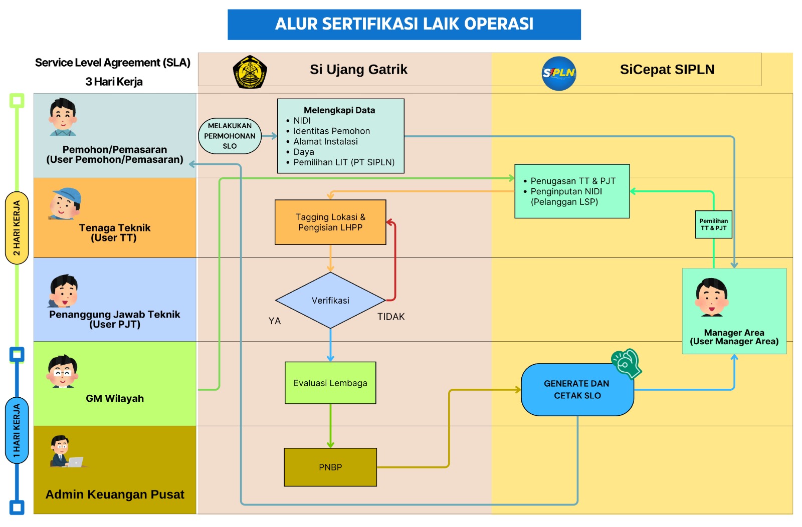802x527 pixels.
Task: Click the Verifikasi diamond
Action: [x=330, y=301]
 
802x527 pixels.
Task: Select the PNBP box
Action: [x=330, y=467]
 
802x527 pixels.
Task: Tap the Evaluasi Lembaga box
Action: [x=330, y=383]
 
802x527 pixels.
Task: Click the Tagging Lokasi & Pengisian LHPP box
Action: [x=330, y=222]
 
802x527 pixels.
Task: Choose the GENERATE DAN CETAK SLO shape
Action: [x=577, y=390]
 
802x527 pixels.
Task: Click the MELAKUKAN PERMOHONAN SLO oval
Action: [x=230, y=136]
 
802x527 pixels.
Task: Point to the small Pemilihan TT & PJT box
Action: [x=714, y=225]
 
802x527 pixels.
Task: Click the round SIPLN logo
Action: [x=558, y=73]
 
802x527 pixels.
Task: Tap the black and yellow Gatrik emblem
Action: [x=250, y=72]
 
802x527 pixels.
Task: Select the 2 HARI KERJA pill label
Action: [x=17, y=228]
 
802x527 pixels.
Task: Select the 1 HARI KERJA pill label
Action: [x=17, y=430]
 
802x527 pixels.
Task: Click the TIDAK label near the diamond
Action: [x=391, y=317]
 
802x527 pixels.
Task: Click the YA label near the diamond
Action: [x=275, y=321]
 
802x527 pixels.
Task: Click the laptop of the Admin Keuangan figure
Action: [x=75, y=462]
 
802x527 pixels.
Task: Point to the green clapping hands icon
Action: [x=627, y=364]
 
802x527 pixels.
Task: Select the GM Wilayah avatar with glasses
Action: [x=62, y=371]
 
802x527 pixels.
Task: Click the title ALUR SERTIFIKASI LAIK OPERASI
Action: [x=404, y=24]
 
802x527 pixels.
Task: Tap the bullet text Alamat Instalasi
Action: [x=325, y=142]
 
